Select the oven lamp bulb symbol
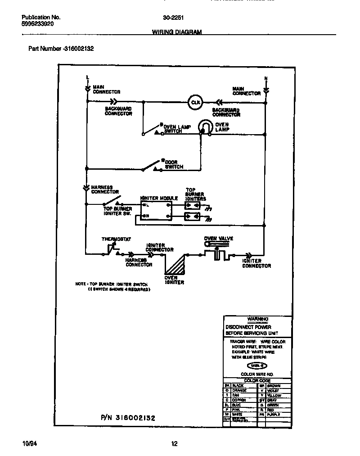[205, 127]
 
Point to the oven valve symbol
[217, 250]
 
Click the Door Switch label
[174, 164]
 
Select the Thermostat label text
[116, 239]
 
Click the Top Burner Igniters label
[196, 194]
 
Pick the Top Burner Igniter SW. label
[118, 211]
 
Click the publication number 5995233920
[38, 24]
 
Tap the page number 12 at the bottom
[174, 444]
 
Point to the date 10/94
[28, 444]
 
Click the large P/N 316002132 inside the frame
[128, 418]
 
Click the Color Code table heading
[257, 380]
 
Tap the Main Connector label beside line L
[106, 89]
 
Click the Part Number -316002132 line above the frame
[61, 48]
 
